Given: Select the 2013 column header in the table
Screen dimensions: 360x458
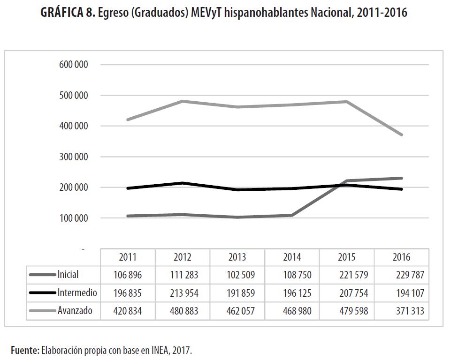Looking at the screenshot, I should point(237,257).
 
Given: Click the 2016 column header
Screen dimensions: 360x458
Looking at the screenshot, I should point(401,257).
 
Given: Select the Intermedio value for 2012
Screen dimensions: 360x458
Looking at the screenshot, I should point(183,293).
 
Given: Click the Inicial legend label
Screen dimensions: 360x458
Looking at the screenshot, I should point(68,275).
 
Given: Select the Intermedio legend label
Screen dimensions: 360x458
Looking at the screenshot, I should point(77,293).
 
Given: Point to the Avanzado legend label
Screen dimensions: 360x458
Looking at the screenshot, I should point(75,311).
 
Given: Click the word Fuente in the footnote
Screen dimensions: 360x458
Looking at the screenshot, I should point(24,350).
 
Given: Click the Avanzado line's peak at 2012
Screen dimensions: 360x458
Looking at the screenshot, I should point(183,101).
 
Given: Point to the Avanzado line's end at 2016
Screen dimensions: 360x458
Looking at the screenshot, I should point(401,135).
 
